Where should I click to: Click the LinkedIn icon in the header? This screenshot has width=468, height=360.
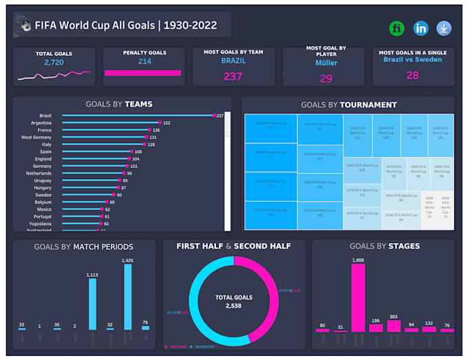click(x=421, y=28)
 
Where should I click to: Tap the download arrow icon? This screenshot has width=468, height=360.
click(x=444, y=28)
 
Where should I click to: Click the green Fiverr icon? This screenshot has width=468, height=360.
click(x=397, y=28)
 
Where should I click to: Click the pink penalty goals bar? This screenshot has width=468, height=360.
click(x=142, y=72)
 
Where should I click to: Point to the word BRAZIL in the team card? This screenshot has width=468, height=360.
click(x=233, y=61)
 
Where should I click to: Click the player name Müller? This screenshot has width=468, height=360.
click(x=326, y=63)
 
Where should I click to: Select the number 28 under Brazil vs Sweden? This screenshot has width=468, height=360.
click(x=412, y=75)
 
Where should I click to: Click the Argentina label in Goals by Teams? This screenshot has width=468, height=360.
click(x=39, y=123)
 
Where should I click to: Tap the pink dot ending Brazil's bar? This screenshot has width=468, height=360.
click(x=214, y=116)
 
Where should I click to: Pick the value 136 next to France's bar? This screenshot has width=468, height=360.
click(x=156, y=130)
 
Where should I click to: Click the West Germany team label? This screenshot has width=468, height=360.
click(x=36, y=137)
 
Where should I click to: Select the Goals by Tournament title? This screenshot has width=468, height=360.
click(x=348, y=105)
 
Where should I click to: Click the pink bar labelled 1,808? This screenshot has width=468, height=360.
click(x=358, y=299)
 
